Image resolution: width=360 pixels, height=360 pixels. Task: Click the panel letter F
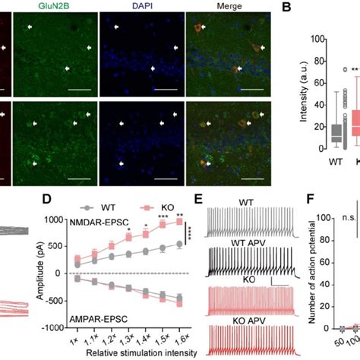click(290, 201)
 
